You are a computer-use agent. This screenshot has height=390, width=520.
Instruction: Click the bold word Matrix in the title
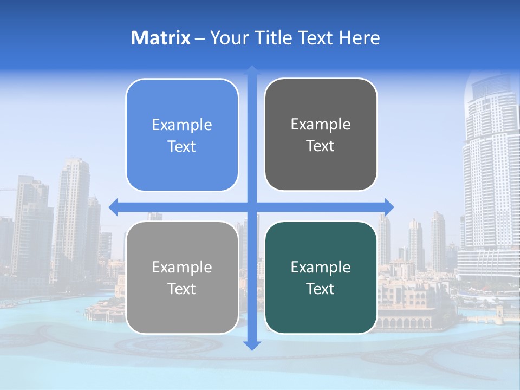(161, 38)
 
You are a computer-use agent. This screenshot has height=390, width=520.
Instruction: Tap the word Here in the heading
(359, 38)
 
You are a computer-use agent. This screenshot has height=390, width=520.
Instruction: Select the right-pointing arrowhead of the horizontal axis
(388, 206)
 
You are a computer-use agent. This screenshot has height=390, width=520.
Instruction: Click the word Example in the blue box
(182, 125)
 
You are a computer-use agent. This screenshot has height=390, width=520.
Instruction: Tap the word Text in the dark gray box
(321, 146)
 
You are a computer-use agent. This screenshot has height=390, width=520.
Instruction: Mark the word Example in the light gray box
(182, 268)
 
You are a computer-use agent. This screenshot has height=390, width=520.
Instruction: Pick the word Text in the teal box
(321, 289)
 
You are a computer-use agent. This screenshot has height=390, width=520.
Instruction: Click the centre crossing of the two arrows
(252, 206)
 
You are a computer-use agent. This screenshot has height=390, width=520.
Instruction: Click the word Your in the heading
(228, 38)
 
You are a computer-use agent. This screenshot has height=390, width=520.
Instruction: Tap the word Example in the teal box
(321, 268)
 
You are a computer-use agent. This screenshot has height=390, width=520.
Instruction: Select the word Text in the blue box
(182, 147)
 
